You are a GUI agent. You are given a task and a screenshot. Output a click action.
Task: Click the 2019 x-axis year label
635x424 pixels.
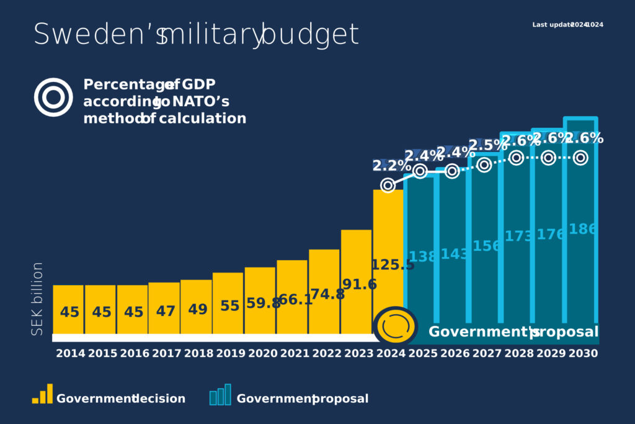tap(229, 354)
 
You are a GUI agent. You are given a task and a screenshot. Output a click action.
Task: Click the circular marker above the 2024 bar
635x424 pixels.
tap(388, 185)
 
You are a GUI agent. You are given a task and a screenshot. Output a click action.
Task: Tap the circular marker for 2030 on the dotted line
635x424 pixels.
tap(580, 158)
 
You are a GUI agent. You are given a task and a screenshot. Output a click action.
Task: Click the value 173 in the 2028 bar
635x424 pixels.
tap(518, 236)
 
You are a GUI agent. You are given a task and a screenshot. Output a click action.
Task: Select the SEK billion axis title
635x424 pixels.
tap(38, 299)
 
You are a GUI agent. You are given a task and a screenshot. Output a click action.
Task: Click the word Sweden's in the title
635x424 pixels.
tap(99, 34)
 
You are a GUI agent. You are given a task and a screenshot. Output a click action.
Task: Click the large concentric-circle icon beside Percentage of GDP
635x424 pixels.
tap(53, 97)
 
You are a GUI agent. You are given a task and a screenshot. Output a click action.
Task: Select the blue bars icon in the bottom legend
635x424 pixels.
tap(220, 395)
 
